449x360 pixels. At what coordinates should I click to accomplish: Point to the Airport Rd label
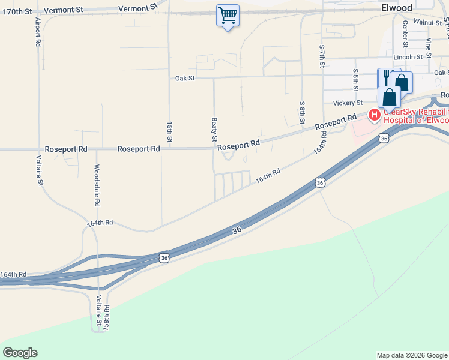(38, 32)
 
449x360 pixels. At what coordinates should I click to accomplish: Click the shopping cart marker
(228, 16)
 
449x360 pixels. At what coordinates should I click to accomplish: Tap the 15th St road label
(169, 132)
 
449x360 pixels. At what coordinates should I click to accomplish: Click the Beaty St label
(214, 130)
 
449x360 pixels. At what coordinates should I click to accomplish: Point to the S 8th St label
(302, 112)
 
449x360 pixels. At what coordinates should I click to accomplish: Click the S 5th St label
(355, 80)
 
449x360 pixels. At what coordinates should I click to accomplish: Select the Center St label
(405, 34)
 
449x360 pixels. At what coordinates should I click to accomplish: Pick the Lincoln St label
(408, 57)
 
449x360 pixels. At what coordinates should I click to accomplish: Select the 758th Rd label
(106, 318)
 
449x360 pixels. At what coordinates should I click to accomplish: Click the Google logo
(20, 353)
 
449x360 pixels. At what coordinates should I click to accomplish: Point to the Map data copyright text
(411, 355)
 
